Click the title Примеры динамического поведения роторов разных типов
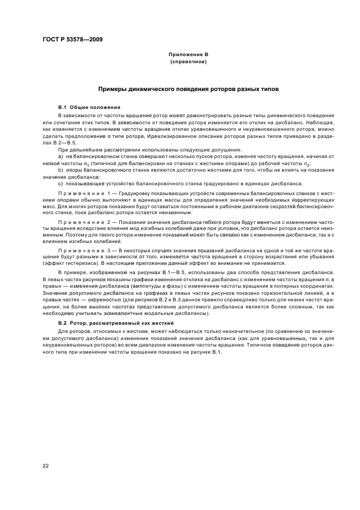point(188,88)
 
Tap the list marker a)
point(60,157)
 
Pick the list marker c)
point(60,184)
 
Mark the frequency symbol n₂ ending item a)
point(307,164)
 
